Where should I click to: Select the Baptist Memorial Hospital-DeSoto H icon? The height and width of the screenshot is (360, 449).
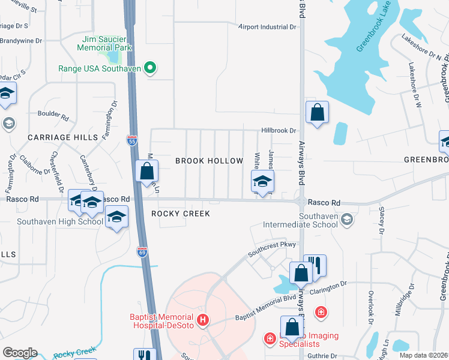(x=203, y=320)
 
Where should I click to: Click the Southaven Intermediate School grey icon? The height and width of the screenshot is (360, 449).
(x=346, y=220)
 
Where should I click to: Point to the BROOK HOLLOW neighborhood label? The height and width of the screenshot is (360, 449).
(x=209, y=161)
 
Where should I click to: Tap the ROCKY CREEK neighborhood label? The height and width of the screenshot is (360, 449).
(x=180, y=214)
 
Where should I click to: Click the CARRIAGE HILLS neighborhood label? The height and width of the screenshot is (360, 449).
(x=63, y=137)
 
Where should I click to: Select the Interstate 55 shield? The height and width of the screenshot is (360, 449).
(x=132, y=140)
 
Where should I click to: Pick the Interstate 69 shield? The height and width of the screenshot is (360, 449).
(x=142, y=253)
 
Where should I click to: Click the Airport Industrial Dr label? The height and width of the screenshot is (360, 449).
(x=267, y=27)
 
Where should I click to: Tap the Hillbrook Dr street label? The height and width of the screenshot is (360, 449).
(x=279, y=130)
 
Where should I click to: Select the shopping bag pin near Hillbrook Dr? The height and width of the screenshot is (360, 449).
(x=317, y=112)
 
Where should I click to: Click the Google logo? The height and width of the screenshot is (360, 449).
(x=20, y=353)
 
